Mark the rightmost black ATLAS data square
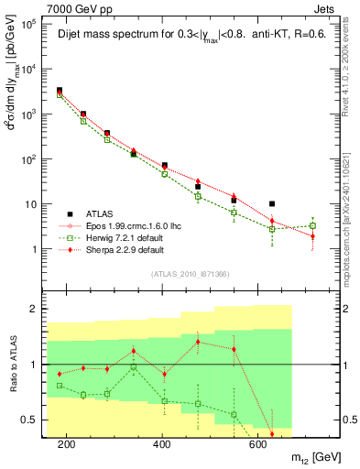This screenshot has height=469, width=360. [272, 204]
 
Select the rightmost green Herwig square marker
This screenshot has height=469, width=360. [313, 225]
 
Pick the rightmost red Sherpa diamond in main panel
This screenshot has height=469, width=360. [313, 236]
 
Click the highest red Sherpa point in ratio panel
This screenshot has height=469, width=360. [199, 342]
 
